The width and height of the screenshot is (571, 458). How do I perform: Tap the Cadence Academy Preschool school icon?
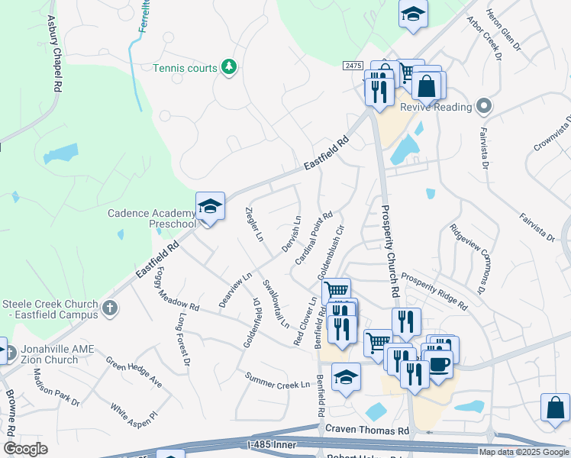pos(210,206)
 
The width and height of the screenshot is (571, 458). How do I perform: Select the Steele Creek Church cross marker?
pos(110,308)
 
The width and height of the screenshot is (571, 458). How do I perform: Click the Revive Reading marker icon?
pos(482,107)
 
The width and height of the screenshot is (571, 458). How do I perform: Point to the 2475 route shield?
pos(352,66)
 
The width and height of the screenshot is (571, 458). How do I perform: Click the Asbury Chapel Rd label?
pos(53,53)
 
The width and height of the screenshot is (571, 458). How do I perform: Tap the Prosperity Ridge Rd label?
pos(434,291)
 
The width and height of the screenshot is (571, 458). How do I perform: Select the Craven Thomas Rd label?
pos(367,431)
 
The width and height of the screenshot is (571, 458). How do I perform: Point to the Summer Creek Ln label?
pos(278,379)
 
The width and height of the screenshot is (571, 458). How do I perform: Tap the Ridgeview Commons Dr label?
pos(469,259)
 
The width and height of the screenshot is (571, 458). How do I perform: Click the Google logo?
pos(25,449)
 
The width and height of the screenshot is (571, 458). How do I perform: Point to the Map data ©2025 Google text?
pos(524,452)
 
